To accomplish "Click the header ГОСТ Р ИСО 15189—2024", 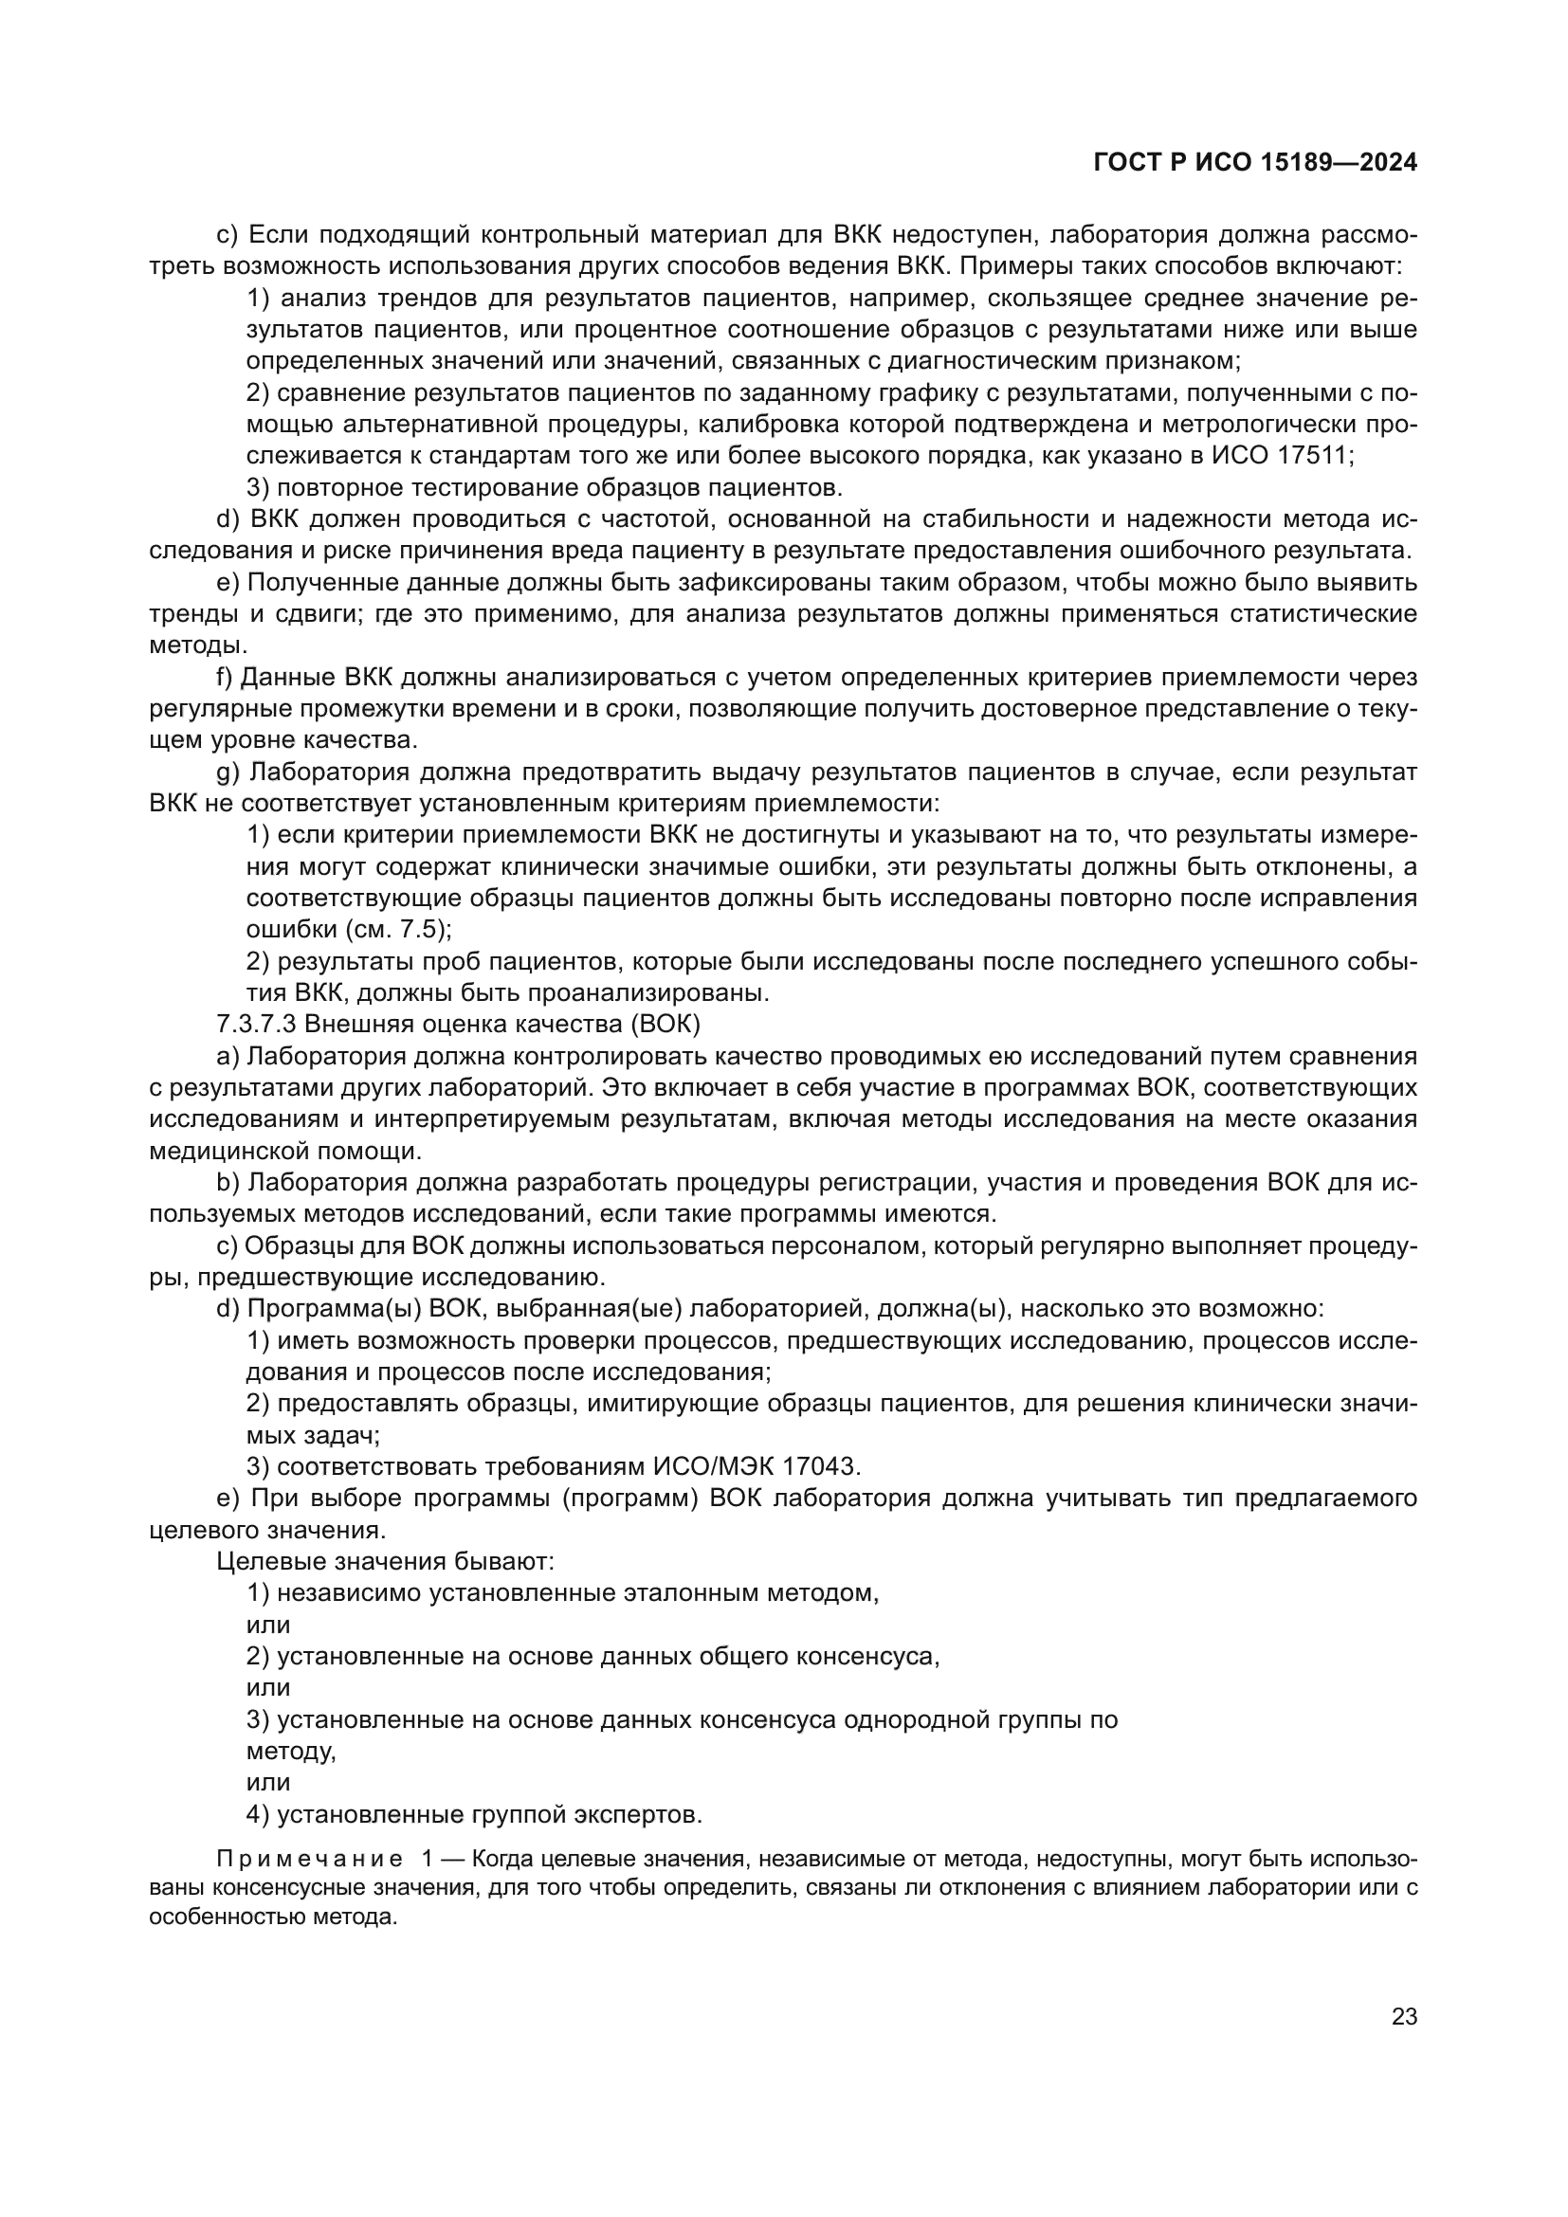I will (x=1255, y=163).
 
